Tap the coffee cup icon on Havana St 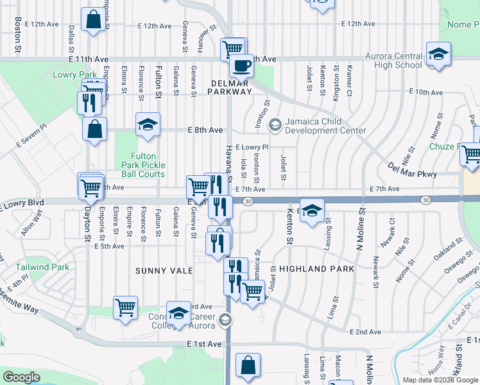coord(241,65)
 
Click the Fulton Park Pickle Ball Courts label coord(139,165)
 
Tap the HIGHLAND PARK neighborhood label coord(316,269)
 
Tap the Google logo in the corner coord(22,377)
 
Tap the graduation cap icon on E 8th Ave coord(148,124)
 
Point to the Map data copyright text coord(440,380)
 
